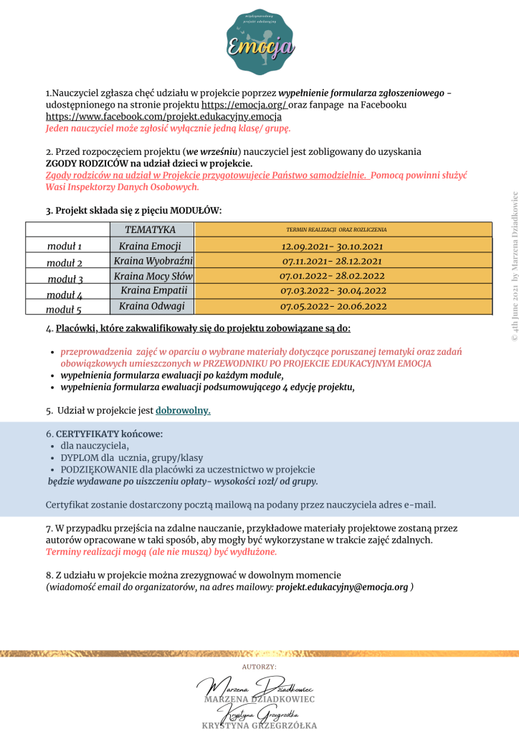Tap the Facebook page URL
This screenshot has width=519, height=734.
tap(163, 116)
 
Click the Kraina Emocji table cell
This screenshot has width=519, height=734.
tap(151, 246)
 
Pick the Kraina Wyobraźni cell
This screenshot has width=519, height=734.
tap(153, 261)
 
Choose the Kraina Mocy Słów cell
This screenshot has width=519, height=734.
tap(153, 276)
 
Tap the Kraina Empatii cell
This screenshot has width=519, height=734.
tap(153, 291)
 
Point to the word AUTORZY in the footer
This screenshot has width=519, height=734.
tap(259, 667)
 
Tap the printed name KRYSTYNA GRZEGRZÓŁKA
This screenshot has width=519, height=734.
tap(259, 726)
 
